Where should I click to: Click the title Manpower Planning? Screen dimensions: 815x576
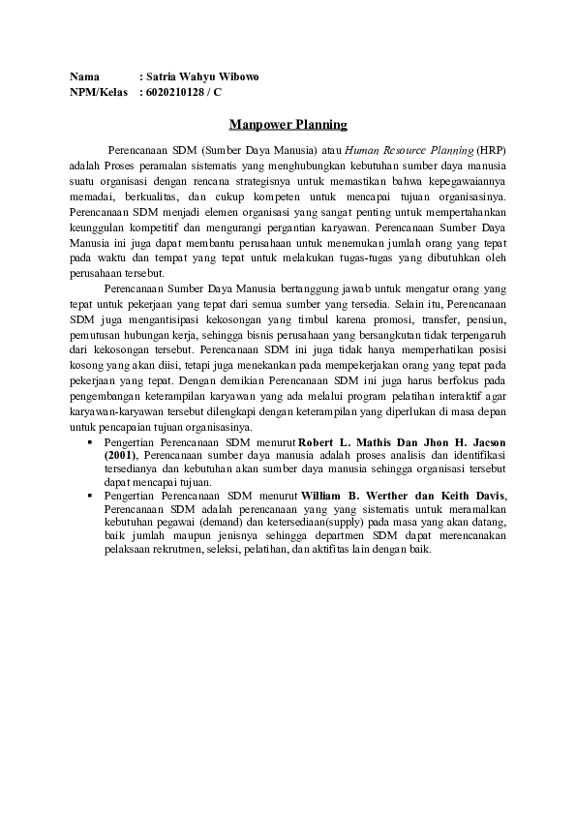tap(288, 125)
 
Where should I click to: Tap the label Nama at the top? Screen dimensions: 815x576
tap(84, 76)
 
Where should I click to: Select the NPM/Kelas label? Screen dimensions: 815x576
tap(98, 93)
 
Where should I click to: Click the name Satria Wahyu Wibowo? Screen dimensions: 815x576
tap(204, 76)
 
